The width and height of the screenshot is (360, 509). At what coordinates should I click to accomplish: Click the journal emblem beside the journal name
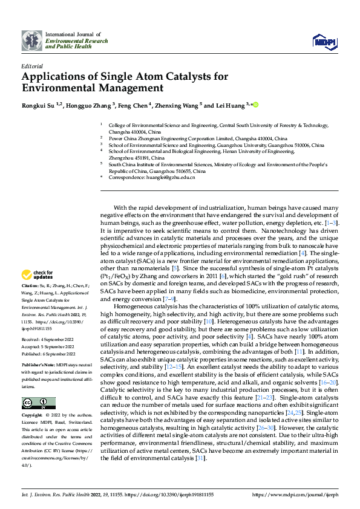point(32,41)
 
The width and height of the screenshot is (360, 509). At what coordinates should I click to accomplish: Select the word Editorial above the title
point(31,66)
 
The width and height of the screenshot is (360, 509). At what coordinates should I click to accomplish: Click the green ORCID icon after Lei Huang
point(256,105)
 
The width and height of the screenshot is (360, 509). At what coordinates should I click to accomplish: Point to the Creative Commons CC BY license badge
point(38,403)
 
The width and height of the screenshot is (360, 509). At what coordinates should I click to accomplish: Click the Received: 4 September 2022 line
point(48,340)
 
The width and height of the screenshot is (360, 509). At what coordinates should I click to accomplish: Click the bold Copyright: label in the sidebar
point(33,416)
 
